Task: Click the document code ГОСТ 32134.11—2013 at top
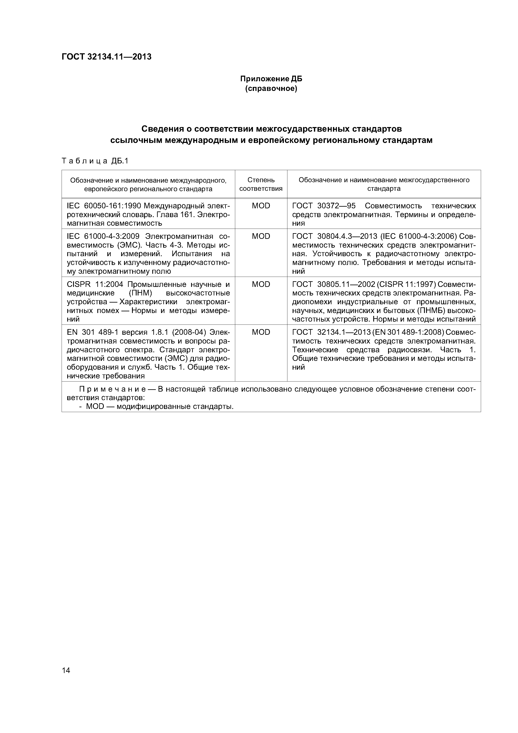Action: (x=106, y=57)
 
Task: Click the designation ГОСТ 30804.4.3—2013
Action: (x=334, y=236)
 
